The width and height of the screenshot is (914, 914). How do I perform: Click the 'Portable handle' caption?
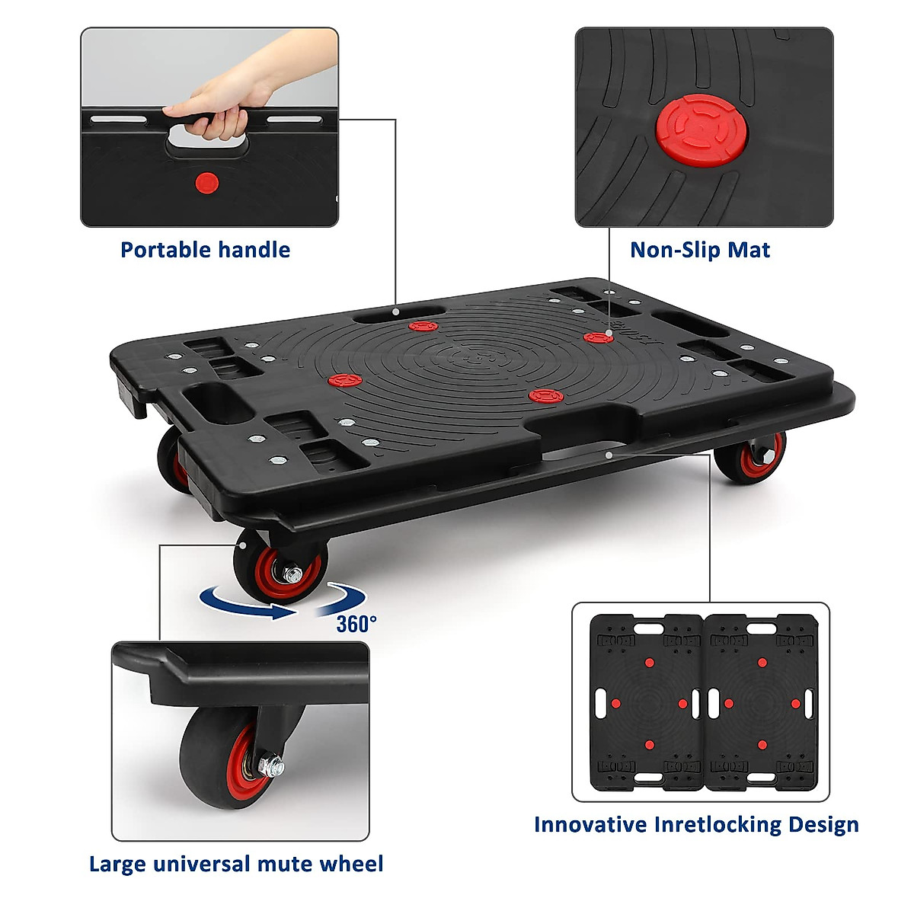click(205, 250)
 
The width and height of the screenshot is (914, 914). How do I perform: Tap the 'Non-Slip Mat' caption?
click(700, 250)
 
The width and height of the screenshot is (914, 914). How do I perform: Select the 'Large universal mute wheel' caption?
click(236, 864)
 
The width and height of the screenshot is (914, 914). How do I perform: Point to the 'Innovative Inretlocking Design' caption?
click(696, 824)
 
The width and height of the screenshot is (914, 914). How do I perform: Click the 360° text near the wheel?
click(356, 624)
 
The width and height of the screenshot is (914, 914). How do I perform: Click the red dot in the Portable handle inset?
click(206, 183)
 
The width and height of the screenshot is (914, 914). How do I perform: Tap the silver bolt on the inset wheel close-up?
click(270, 765)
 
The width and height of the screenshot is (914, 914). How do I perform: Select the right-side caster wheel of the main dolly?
click(750, 457)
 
